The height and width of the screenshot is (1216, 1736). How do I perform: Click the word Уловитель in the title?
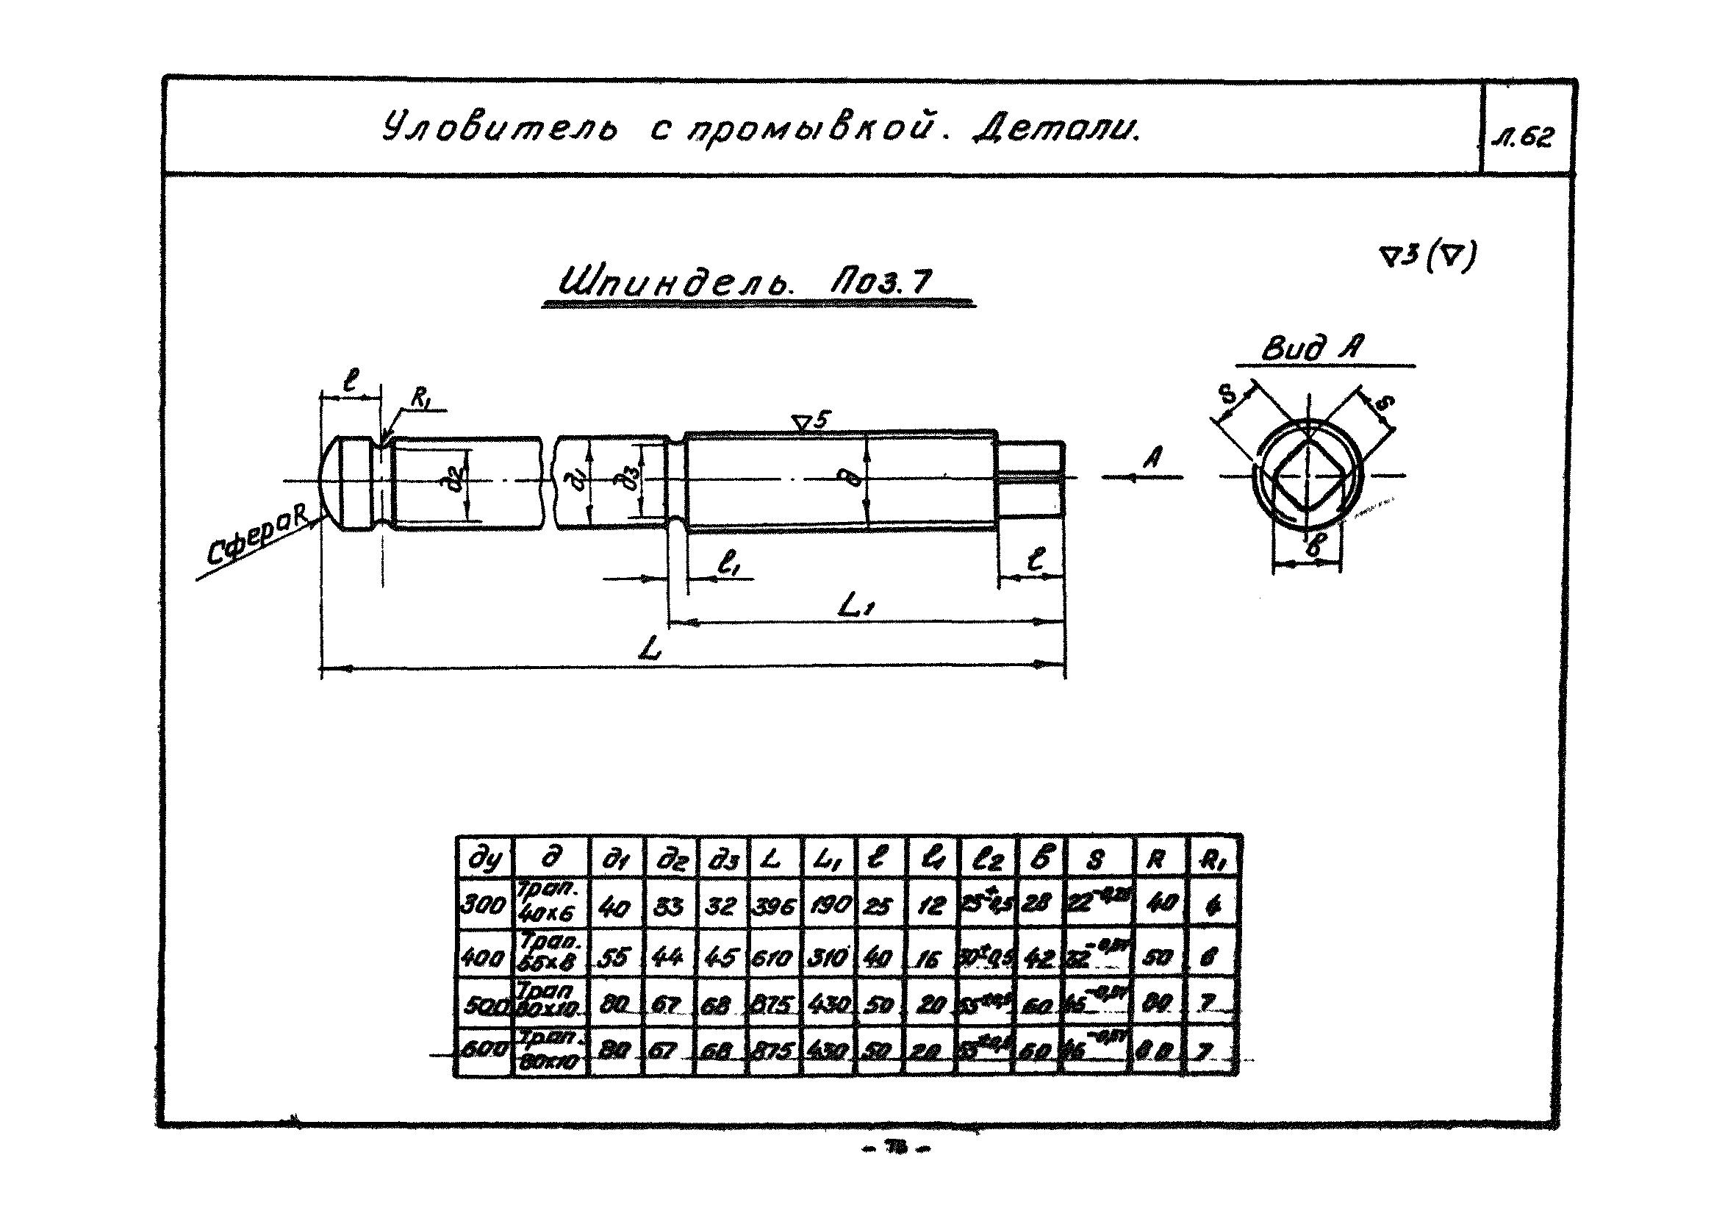pyautogui.click(x=499, y=129)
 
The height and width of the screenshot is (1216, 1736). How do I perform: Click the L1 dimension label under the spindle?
pyautogui.click(x=856, y=606)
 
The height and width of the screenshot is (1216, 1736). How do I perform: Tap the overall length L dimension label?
pyautogui.click(x=650, y=649)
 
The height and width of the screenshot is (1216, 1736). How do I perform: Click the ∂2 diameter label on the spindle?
pyautogui.click(x=456, y=481)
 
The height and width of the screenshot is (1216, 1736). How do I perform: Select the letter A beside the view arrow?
pyautogui.click(x=1152, y=457)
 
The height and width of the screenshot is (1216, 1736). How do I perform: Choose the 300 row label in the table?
pyautogui.click(x=482, y=904)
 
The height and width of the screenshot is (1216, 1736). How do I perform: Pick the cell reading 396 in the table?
pyautogui.click(x=773, y=905)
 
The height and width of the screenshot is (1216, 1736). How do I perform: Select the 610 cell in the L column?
pyautogui.click(x=772, y=958)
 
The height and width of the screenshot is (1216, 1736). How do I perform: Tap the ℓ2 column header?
pyautogui.click(x=987, y=859)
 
